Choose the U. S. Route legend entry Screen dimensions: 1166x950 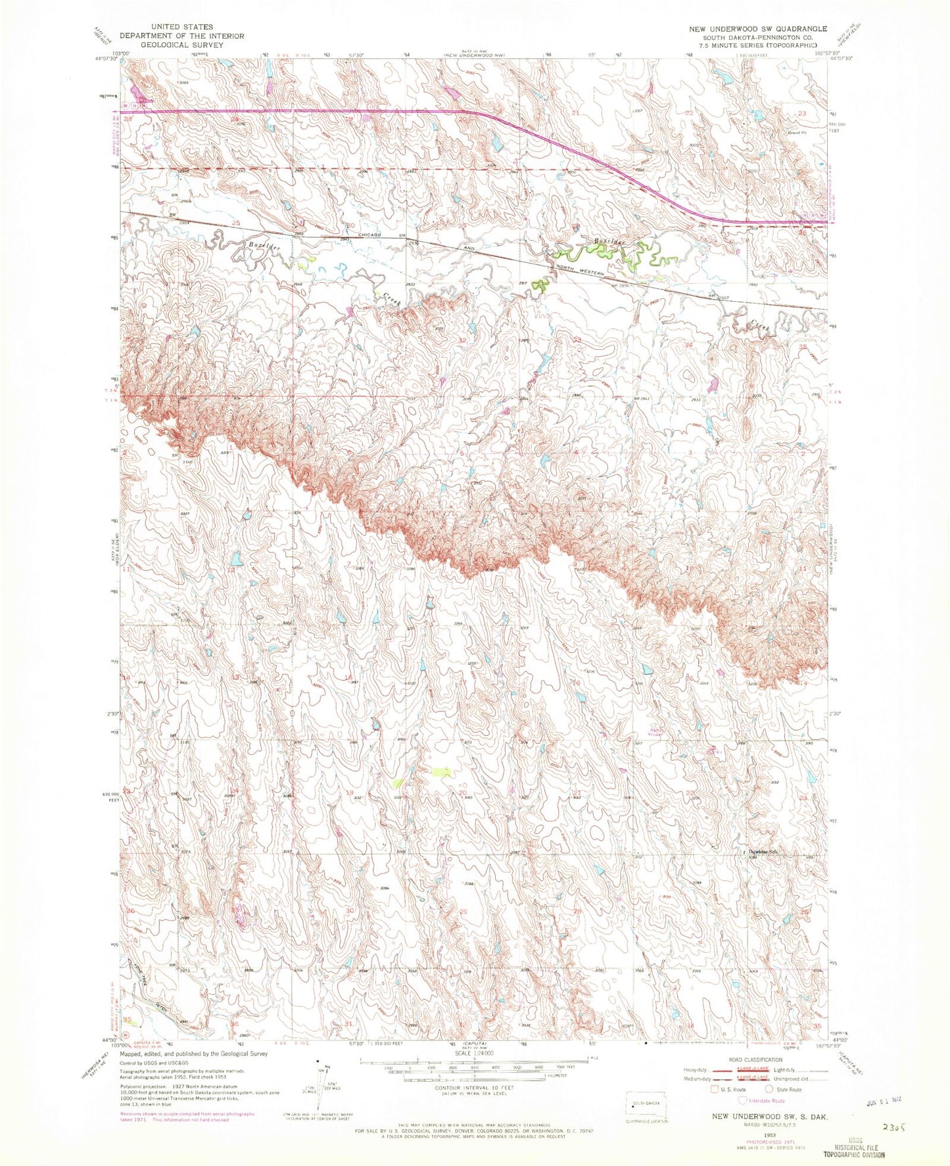point(730,1090)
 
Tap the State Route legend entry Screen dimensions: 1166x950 point(788,1090)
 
